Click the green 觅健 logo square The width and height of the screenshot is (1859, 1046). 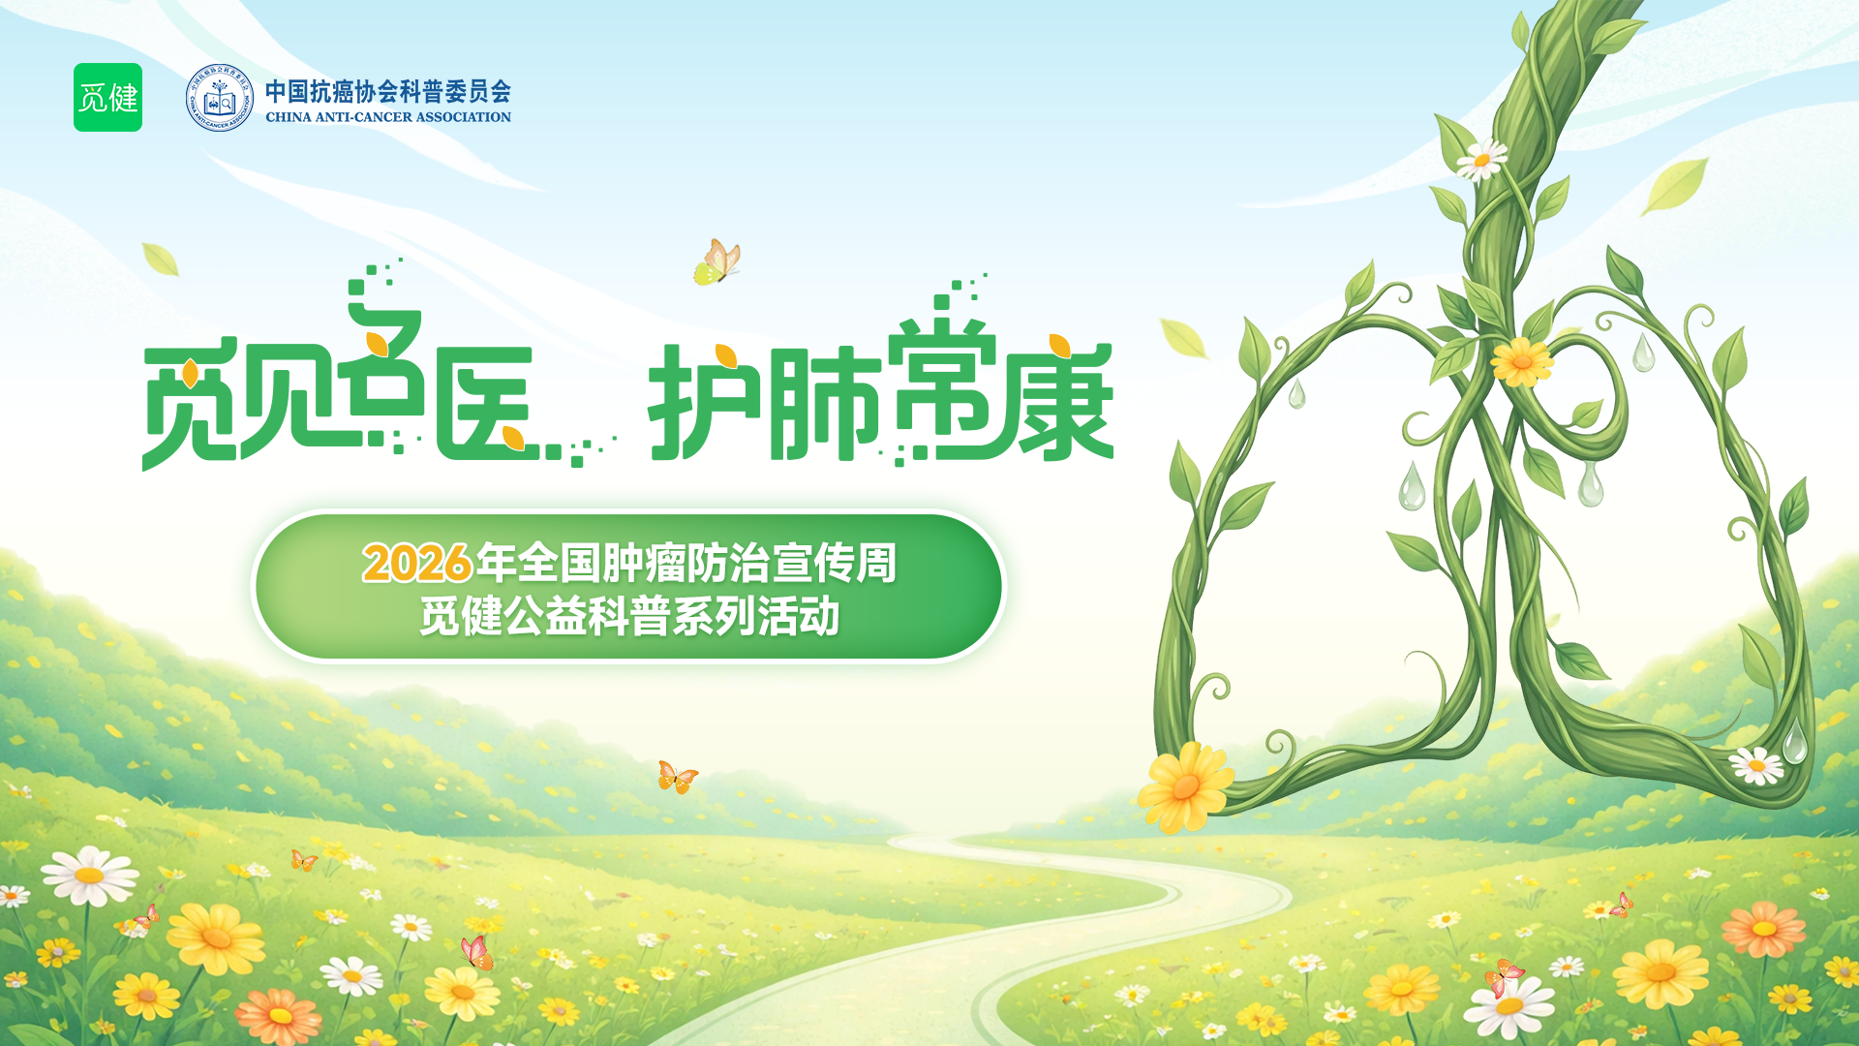(x=107, y=98)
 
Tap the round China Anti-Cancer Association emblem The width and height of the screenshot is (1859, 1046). (x=219, y=98)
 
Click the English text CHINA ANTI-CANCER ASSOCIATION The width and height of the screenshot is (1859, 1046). (x=388, y=117)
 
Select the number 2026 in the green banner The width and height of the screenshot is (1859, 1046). (x=417, y=563)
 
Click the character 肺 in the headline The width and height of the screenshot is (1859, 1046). (x=825, y=403)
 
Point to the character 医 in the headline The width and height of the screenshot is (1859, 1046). (x=484, y=402)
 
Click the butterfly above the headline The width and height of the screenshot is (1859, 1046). (x=717, y=262)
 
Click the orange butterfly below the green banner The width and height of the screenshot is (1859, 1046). (x=677, y=777)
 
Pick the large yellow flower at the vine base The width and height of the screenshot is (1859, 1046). (x=1185, y=787)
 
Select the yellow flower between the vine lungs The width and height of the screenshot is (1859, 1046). (x=1521, y=361)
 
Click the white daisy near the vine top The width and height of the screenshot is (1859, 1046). (x=1481, y=159)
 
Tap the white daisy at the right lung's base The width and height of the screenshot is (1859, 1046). (x=1756, y=765)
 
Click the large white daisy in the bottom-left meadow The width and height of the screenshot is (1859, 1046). (x=90, y=875)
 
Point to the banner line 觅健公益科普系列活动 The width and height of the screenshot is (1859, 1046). (x=629, y=616)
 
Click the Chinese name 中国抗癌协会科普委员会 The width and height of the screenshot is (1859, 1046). (x=388, y=91)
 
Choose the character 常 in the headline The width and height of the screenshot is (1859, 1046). (x=941, y=387)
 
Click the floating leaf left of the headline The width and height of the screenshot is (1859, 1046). (x=161, y=259)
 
